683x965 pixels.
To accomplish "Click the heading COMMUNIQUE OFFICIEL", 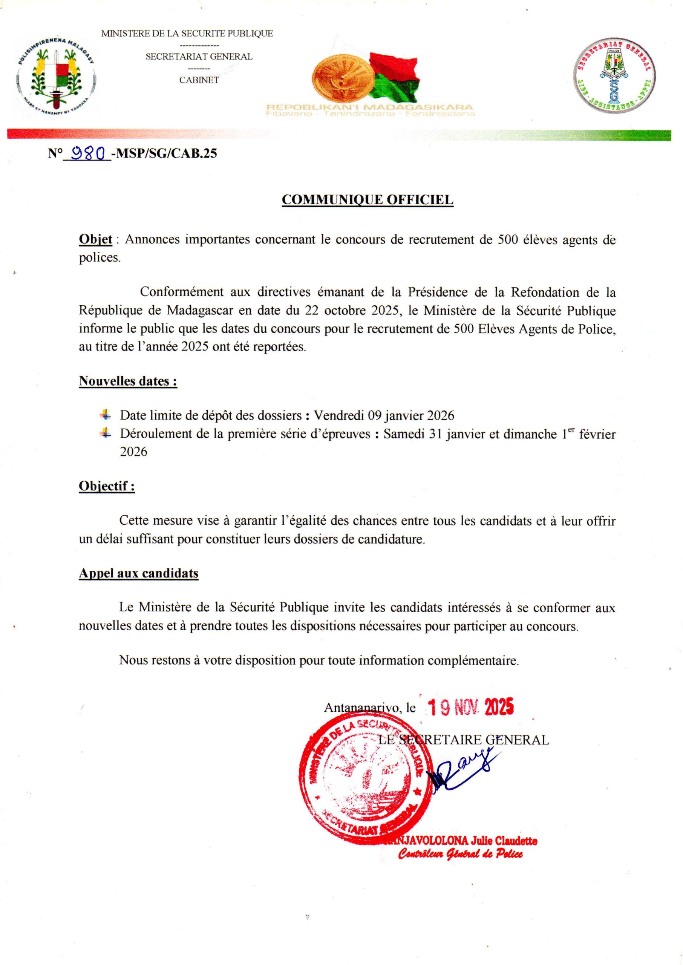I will (367, 200).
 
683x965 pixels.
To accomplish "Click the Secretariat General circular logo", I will (614, 76).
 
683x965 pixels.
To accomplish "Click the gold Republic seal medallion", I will (341, 78).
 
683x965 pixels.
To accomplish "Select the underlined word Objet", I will (95, 240).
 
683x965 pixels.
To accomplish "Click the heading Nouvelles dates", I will (128, 381).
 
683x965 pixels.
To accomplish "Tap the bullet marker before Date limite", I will (106, 415).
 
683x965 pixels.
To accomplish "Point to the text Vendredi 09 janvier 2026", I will (384, 415).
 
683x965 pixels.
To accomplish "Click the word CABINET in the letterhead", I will (199, 80).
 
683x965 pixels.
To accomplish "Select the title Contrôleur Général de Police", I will (461, 854).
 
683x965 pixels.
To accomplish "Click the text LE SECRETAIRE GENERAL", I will (464, 740).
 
